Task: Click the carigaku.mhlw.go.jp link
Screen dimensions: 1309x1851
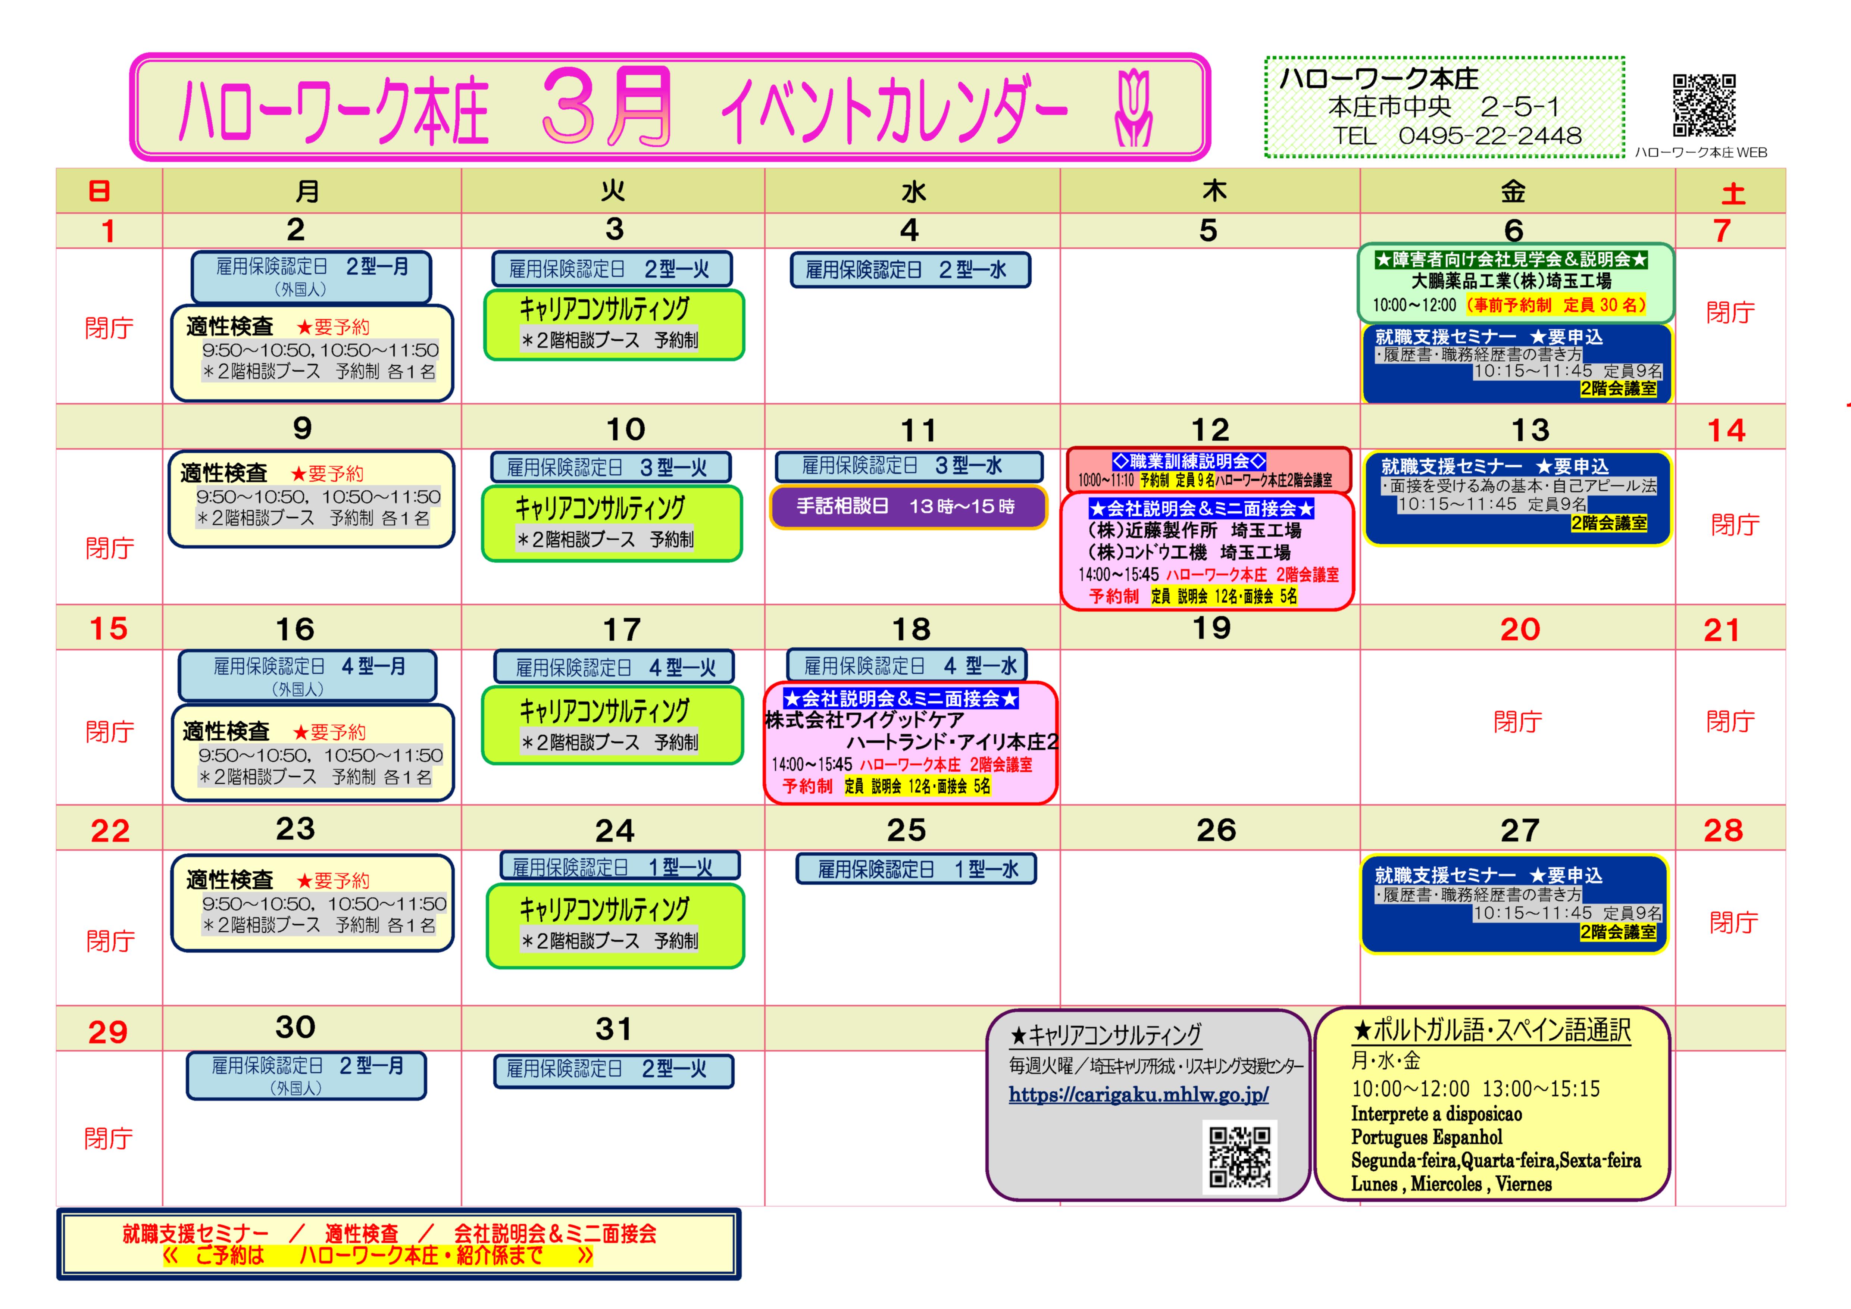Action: [1138, 1094]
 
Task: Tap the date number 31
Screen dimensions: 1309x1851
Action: [613, 1029]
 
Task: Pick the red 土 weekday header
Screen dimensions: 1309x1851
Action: [1732, 193]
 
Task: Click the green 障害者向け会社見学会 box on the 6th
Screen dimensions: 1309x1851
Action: [1515, 282]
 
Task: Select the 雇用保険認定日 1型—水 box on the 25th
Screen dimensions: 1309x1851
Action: [916, 869]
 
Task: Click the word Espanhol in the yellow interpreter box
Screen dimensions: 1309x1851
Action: [1468, 1137]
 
